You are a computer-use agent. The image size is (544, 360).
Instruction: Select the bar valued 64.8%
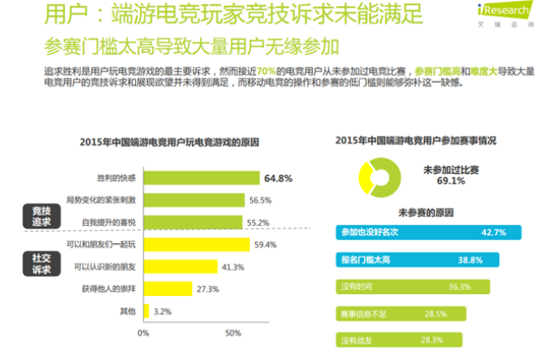pyautogui.click(x=200, y=178)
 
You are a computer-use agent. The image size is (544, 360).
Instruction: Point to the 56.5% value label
pyautogui.click(x=260, y=200)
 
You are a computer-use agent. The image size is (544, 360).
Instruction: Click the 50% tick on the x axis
pyautogui.click(x=232, y=332)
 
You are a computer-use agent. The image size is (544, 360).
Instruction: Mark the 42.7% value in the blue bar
pyautogui.click(x=493, y=233)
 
